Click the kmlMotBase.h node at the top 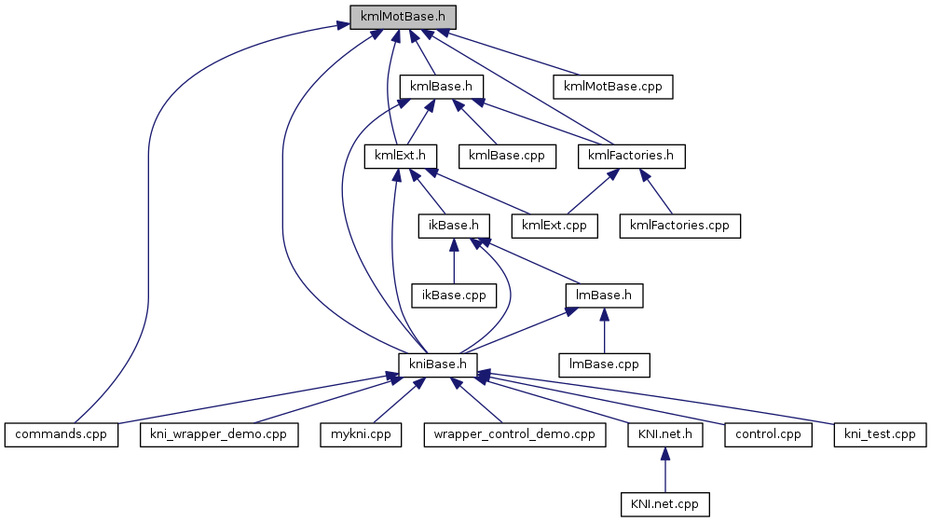coord(403,17)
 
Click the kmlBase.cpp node coord(507,155)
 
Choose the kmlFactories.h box coord(631,155)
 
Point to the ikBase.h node coord(454,225)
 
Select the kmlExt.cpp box coord(554,225)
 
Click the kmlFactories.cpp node coord(680,225)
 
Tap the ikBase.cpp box coord(454,295)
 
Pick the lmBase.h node coord(604,295)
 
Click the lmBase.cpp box coord(604,364)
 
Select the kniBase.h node coord(439,364)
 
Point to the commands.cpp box coord(62,433)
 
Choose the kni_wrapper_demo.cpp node coord(219,433)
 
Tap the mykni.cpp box coord(360,433)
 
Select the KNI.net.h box coord(664,433)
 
